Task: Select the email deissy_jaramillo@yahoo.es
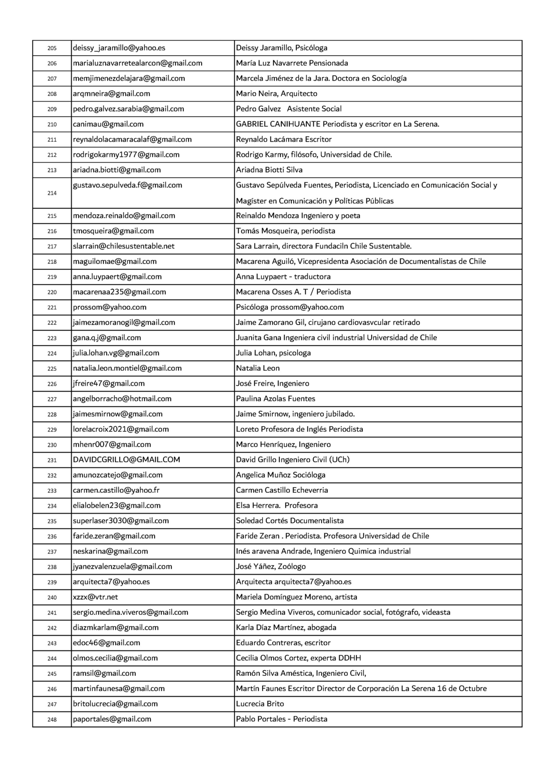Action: [119, 48]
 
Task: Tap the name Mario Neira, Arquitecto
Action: [276, 94]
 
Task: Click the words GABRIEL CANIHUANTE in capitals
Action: [278, 124]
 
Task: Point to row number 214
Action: [52, 193]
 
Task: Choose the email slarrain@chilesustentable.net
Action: [124, 246]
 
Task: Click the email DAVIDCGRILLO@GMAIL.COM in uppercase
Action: [126, 460]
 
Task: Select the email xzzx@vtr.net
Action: [95, 597]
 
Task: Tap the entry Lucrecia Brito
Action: [260, 704]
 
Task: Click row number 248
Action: [52, 719]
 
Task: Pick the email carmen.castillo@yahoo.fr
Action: [116, 490]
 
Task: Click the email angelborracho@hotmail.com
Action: [122, 399]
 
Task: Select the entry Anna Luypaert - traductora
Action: [283, 277]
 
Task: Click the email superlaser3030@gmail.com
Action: [121, 521]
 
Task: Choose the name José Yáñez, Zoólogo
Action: [270, 567]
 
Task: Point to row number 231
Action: [52, 460]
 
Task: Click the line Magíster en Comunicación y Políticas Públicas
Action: [314, 201]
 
